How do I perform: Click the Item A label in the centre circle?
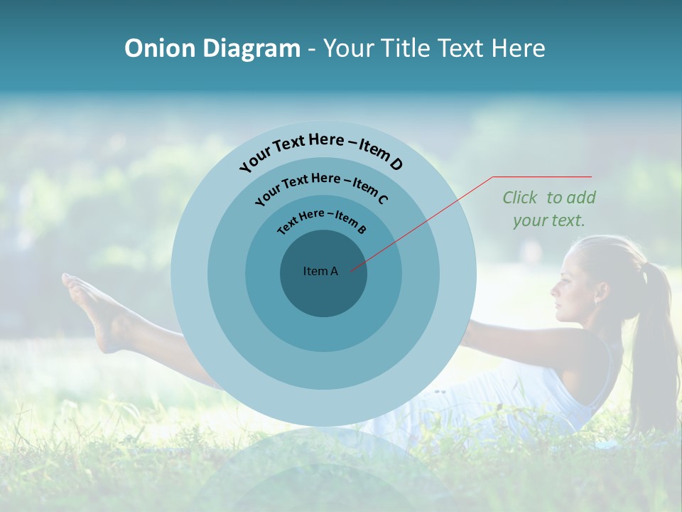[320, 271]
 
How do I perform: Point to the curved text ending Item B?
[322, 220]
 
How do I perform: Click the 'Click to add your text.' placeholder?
[548, 208]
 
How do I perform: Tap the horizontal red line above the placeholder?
[543, 176]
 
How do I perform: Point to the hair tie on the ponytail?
[644, 270]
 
